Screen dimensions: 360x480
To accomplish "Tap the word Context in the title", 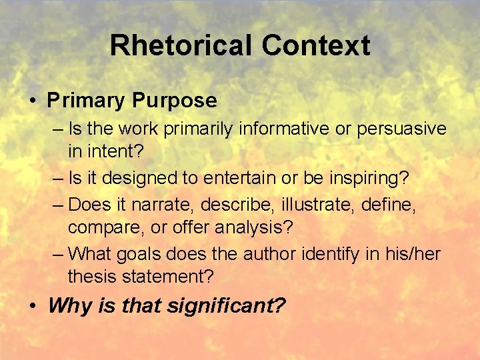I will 315,45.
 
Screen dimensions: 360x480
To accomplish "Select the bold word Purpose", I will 174,101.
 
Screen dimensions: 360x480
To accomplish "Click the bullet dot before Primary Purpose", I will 32,101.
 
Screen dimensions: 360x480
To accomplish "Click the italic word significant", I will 230,306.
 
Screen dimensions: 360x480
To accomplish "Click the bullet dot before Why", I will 32,307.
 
